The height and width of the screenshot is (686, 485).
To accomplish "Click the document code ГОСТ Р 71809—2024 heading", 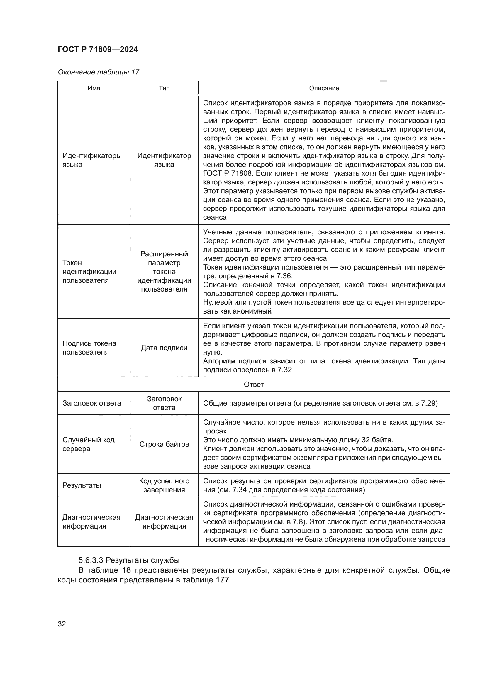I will [x=98, y=49].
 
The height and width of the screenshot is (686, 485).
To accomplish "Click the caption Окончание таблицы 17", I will [x=99, y=72].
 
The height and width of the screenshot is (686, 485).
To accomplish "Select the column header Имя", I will [x=94, y=88].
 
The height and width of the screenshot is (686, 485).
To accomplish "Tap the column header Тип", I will [x=164, y=88].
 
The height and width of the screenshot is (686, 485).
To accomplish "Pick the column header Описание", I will [x=324, y=88].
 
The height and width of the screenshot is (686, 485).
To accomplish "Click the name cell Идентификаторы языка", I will [x=92, y=160].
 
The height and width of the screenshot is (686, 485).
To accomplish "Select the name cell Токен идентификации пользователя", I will [x=89, y=271].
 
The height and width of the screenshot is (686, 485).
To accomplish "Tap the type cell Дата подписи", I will [x=164, y=348].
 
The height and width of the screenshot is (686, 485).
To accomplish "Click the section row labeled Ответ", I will [x=254, y=384].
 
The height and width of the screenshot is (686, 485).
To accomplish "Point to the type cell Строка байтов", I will [x=164, y=444].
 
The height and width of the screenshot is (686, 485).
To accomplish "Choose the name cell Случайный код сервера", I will [x=88, y=444].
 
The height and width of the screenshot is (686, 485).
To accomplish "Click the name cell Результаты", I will [x=82, y=485].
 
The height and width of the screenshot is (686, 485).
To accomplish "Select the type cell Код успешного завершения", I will [x=164, y=485].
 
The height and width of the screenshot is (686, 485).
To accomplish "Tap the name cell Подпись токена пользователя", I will [x=89, y=348].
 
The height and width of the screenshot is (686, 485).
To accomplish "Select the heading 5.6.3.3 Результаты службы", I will [x=129, y=560].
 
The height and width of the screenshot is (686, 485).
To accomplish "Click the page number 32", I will [x=62, y=624].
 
